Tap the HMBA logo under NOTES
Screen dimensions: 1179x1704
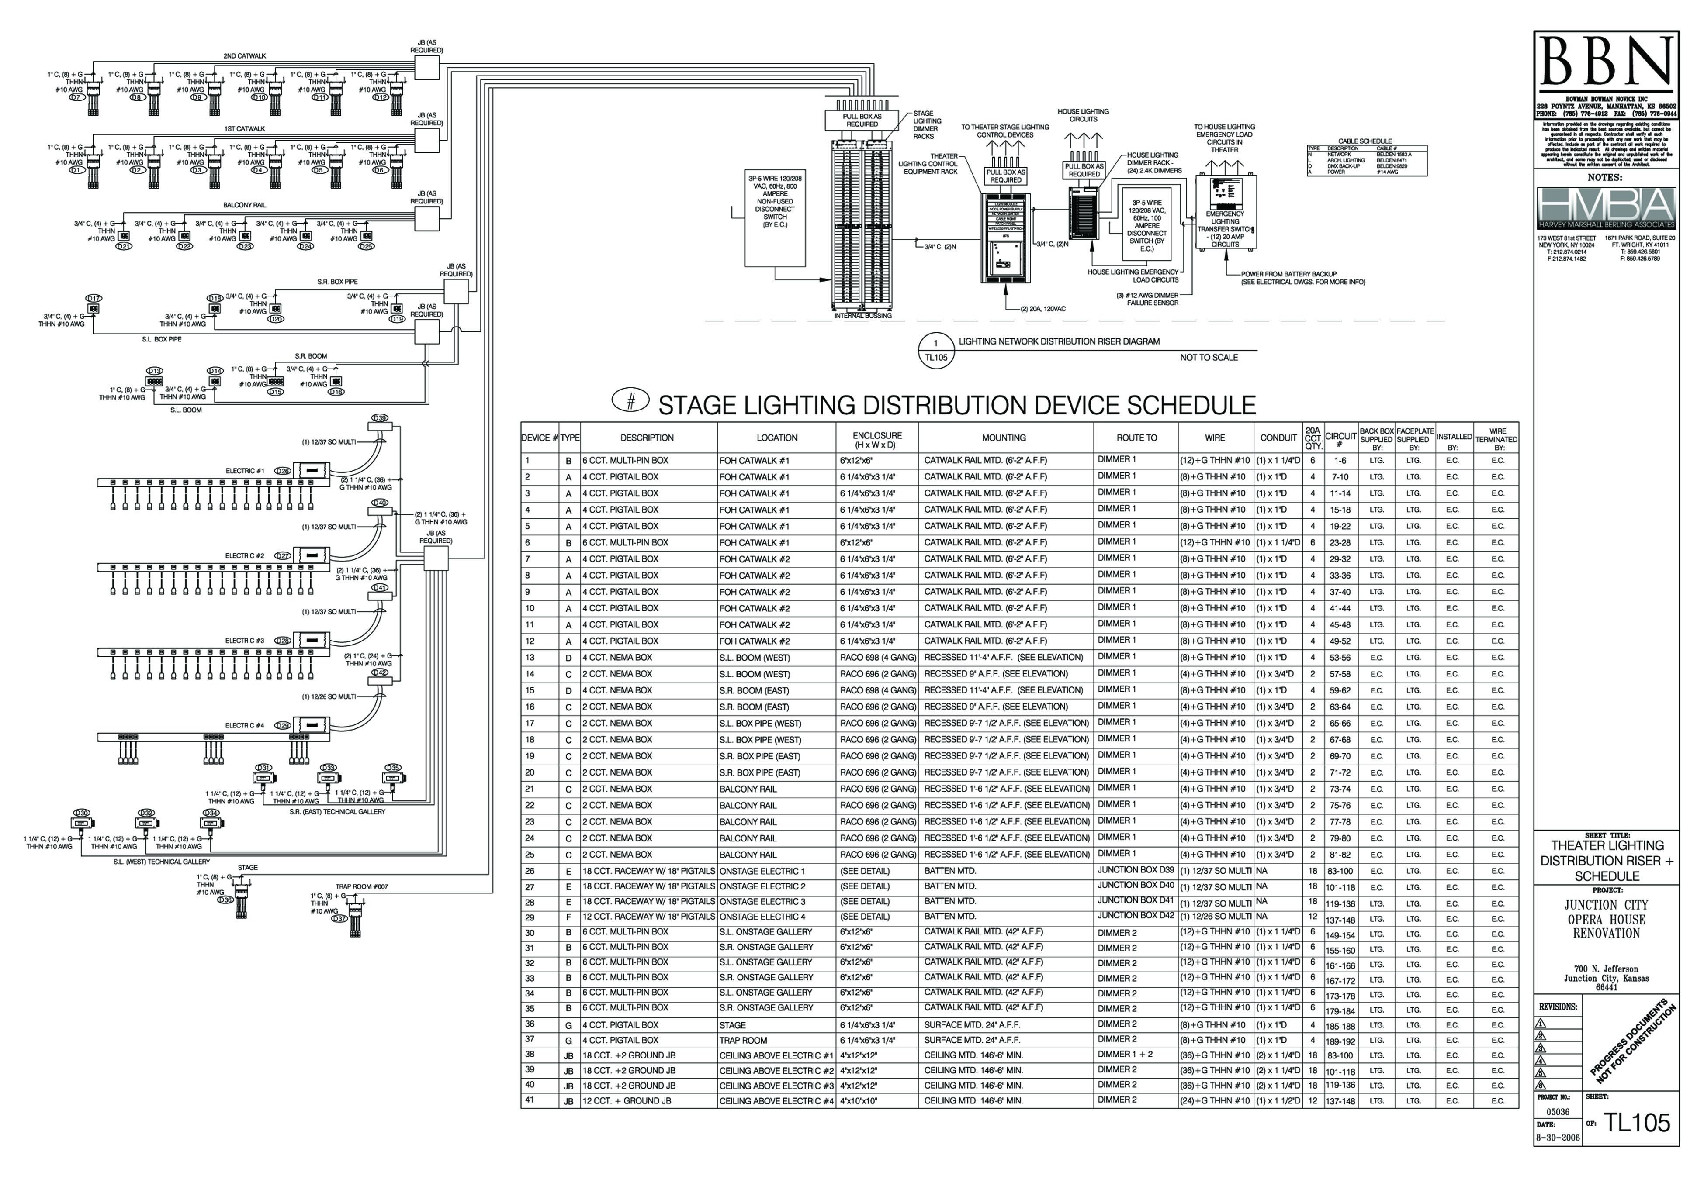1606,208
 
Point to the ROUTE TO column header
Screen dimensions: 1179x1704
1136,438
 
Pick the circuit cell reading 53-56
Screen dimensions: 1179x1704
1340,658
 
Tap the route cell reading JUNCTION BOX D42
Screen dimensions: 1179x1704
1136,915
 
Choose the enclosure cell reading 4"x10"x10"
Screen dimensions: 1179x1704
859,1101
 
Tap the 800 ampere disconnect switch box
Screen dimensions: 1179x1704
774,218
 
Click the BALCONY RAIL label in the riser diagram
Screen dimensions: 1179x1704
245,205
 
